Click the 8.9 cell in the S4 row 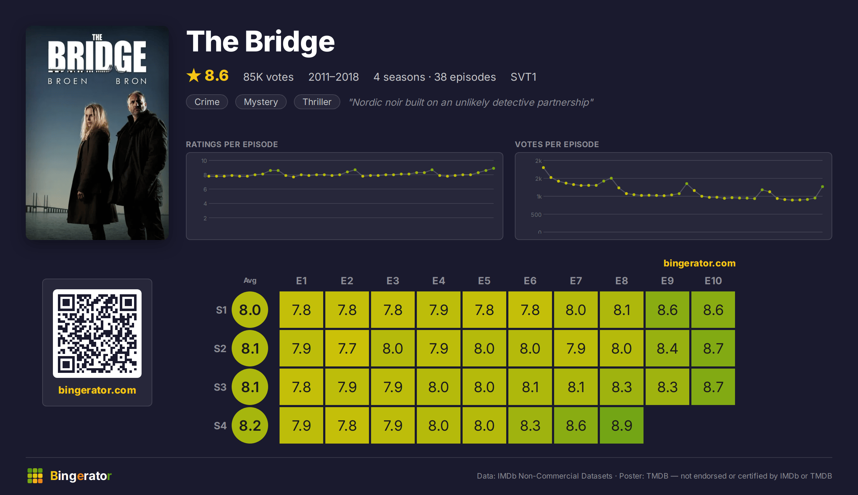click(x=622, y=425)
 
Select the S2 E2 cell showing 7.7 click(x=347, y=348)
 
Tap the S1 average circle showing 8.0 click(x=250, y=310)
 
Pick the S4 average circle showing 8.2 click(x=250, y=425)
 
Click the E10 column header click(x=713, y=281)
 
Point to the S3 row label click(x=220, y=387)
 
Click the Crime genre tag click(x=207, y=102)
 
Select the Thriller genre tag click(x=317, y=102)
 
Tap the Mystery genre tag click(x=261, y=102)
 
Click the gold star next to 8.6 click(x=194, y=75)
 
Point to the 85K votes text click(x=268, y=77)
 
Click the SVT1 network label click(x=523, y=77)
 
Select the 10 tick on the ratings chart click(x=204, y=161)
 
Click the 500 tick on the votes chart click(x=536, y=215)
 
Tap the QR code click(x=97, y=334)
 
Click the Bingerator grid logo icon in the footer click(x=35, y=476)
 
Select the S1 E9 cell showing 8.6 click(x=667, y=310)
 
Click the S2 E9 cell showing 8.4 click(x=667, y=348)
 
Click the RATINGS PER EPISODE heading click(x=232, y=144)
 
